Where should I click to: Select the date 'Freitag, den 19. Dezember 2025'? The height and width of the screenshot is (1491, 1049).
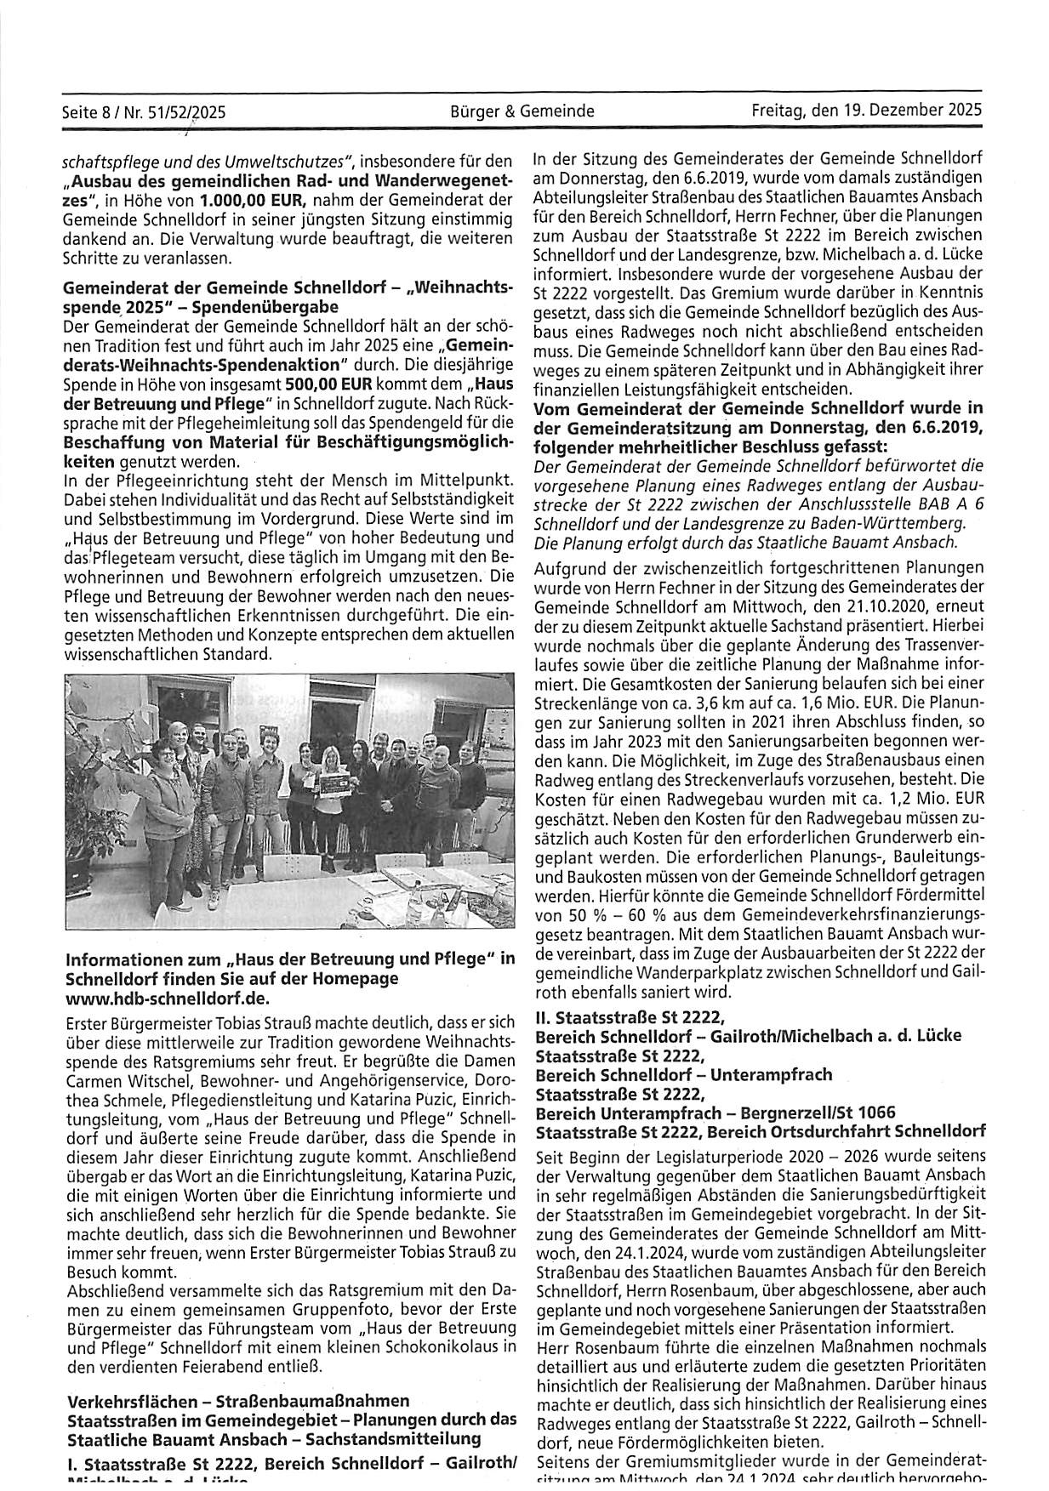coord(867,111)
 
